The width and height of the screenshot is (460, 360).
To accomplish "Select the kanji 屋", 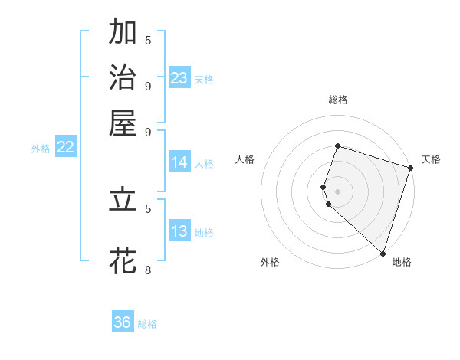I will tap(123, 122).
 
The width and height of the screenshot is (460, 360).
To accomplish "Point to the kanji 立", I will tap(123, 200).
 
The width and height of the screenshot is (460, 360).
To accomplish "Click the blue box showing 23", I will tap(179, 78).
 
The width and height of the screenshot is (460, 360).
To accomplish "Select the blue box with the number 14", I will tap(179, 162).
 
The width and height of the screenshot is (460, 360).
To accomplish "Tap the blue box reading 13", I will tap(179, 231).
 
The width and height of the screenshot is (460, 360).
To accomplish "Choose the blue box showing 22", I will tap(65, 147).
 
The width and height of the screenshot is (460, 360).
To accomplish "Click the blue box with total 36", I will tap(123, 322).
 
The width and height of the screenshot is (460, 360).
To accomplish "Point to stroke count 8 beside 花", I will tap(148, 270).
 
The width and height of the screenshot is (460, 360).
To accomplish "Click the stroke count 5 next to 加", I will tap(148, 40).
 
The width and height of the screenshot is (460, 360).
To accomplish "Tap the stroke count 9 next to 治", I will tap(148, 85).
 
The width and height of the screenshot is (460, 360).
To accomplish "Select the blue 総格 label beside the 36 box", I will tap(147, 324).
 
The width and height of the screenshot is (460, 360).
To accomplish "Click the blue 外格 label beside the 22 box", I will tap(41, 149).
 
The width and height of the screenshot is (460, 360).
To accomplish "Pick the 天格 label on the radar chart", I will tap(431, 159).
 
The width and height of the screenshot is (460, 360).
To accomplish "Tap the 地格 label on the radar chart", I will tap(402, 263).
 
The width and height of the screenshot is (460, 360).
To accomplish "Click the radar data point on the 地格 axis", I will tap(383, 253).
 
